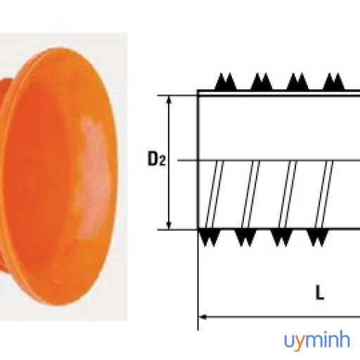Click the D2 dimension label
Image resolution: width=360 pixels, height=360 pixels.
pos(157,159)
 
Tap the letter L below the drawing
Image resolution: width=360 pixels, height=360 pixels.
pos(320,293)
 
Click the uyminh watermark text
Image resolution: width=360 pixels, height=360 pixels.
pos(317,341)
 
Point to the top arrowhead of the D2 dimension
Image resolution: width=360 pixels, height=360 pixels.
pos(169,100)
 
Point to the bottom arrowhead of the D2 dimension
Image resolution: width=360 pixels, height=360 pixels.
pos(169,226)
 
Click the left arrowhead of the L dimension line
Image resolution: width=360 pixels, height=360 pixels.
pos(202,317)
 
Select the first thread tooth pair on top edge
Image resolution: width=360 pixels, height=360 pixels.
pos(226,82)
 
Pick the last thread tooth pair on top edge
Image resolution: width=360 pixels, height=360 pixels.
pos(334,82)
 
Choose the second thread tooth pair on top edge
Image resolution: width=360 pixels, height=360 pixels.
pos(262,82)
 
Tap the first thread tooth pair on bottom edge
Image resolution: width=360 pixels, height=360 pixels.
pos(210,238)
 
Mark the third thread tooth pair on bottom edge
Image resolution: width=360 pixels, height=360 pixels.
pos(282,238)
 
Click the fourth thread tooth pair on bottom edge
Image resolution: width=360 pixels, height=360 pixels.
pos(318,238)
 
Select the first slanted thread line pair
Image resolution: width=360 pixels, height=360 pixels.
pos(214,194)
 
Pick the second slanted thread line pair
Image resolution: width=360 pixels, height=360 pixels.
pos(251,194)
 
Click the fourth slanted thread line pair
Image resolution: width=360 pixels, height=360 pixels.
pos(324,194)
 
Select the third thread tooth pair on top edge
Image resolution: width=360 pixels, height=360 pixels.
pos(297,82)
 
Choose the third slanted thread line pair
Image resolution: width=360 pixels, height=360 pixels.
pos(288,194)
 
